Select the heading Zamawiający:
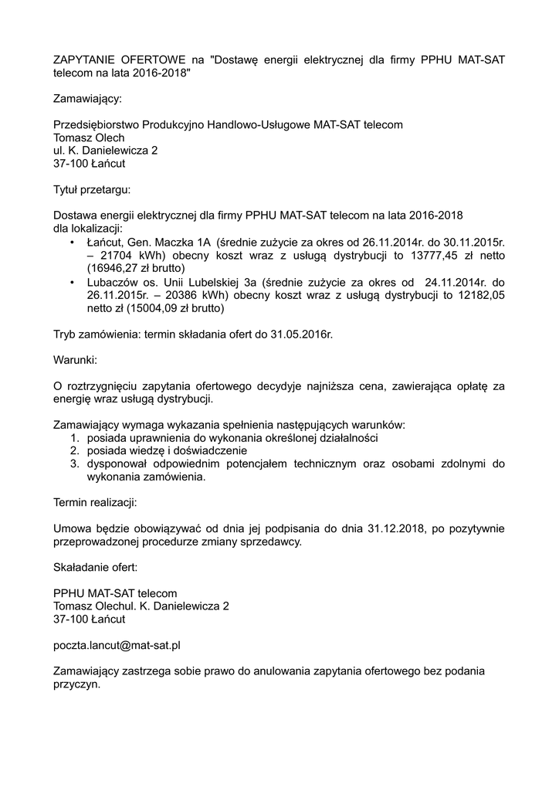point(87,99)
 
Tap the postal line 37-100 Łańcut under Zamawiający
point(89,164)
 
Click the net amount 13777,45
point(437,256)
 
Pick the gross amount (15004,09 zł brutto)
point(161,308)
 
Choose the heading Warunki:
point(75,360)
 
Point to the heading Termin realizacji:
point(95,503)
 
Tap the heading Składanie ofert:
point(95,568)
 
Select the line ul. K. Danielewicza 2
point(105,151)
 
